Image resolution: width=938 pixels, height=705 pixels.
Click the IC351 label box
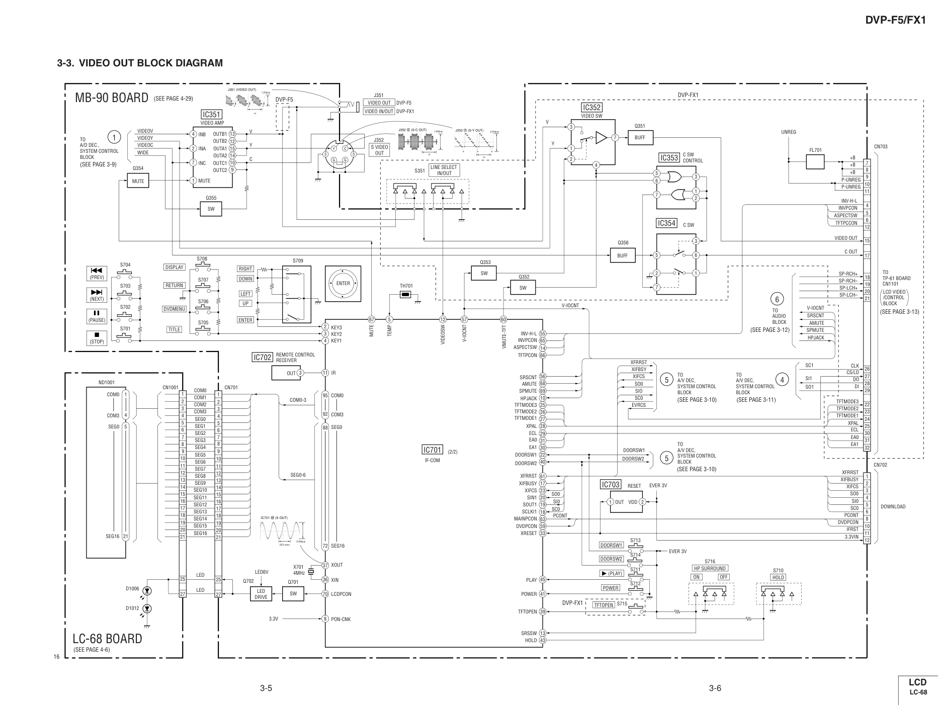211,115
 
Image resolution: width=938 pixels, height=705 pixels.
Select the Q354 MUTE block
138,181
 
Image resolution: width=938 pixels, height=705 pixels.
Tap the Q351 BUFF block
640,137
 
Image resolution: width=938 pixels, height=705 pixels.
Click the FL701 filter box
815,162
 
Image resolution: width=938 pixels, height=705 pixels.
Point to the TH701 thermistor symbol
406,294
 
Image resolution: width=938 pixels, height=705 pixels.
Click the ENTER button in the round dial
343,284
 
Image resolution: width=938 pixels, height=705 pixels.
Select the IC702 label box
263,358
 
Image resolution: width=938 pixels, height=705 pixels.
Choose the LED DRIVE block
261,594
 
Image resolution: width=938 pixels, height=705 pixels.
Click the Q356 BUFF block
622,255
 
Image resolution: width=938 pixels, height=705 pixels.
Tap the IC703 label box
611,484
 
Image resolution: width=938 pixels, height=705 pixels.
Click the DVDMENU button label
175,309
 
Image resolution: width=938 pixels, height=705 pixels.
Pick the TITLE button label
174,330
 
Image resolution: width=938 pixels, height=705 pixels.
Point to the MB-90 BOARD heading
111,98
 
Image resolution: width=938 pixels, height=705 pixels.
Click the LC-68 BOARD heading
107,639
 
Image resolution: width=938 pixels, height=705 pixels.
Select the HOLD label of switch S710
778,577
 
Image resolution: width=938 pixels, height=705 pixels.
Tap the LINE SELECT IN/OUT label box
444,170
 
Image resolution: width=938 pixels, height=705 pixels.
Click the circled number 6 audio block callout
777,300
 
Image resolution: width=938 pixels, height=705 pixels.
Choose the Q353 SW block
484,274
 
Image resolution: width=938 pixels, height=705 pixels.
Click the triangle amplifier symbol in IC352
602,138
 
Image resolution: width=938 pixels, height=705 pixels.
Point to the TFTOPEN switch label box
604,605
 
